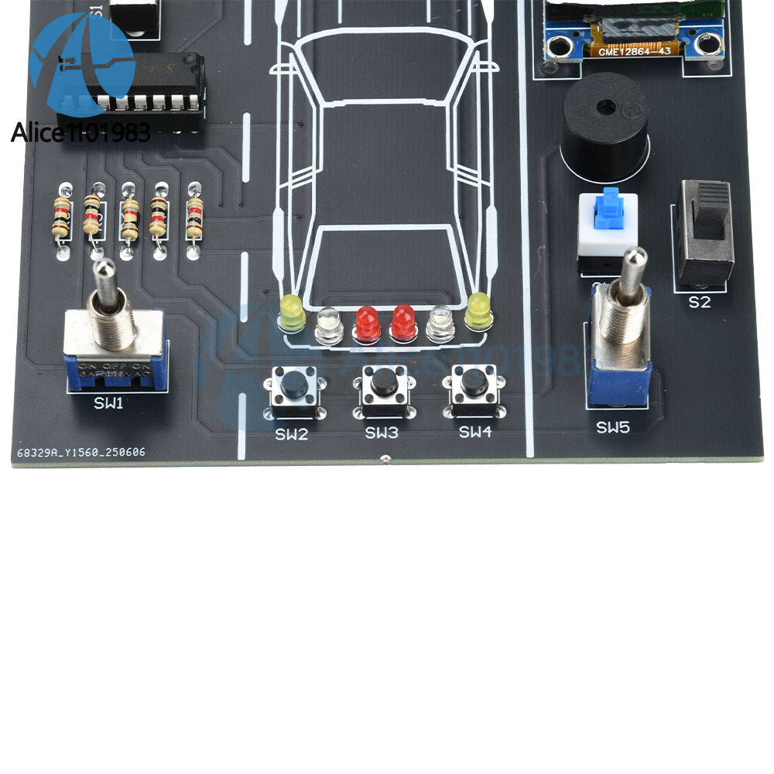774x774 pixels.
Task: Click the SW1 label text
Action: (108, 402)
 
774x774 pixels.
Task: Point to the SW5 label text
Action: (612, 426)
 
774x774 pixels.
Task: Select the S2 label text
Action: (699, 302)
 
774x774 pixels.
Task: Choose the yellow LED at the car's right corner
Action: (478, 310)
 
